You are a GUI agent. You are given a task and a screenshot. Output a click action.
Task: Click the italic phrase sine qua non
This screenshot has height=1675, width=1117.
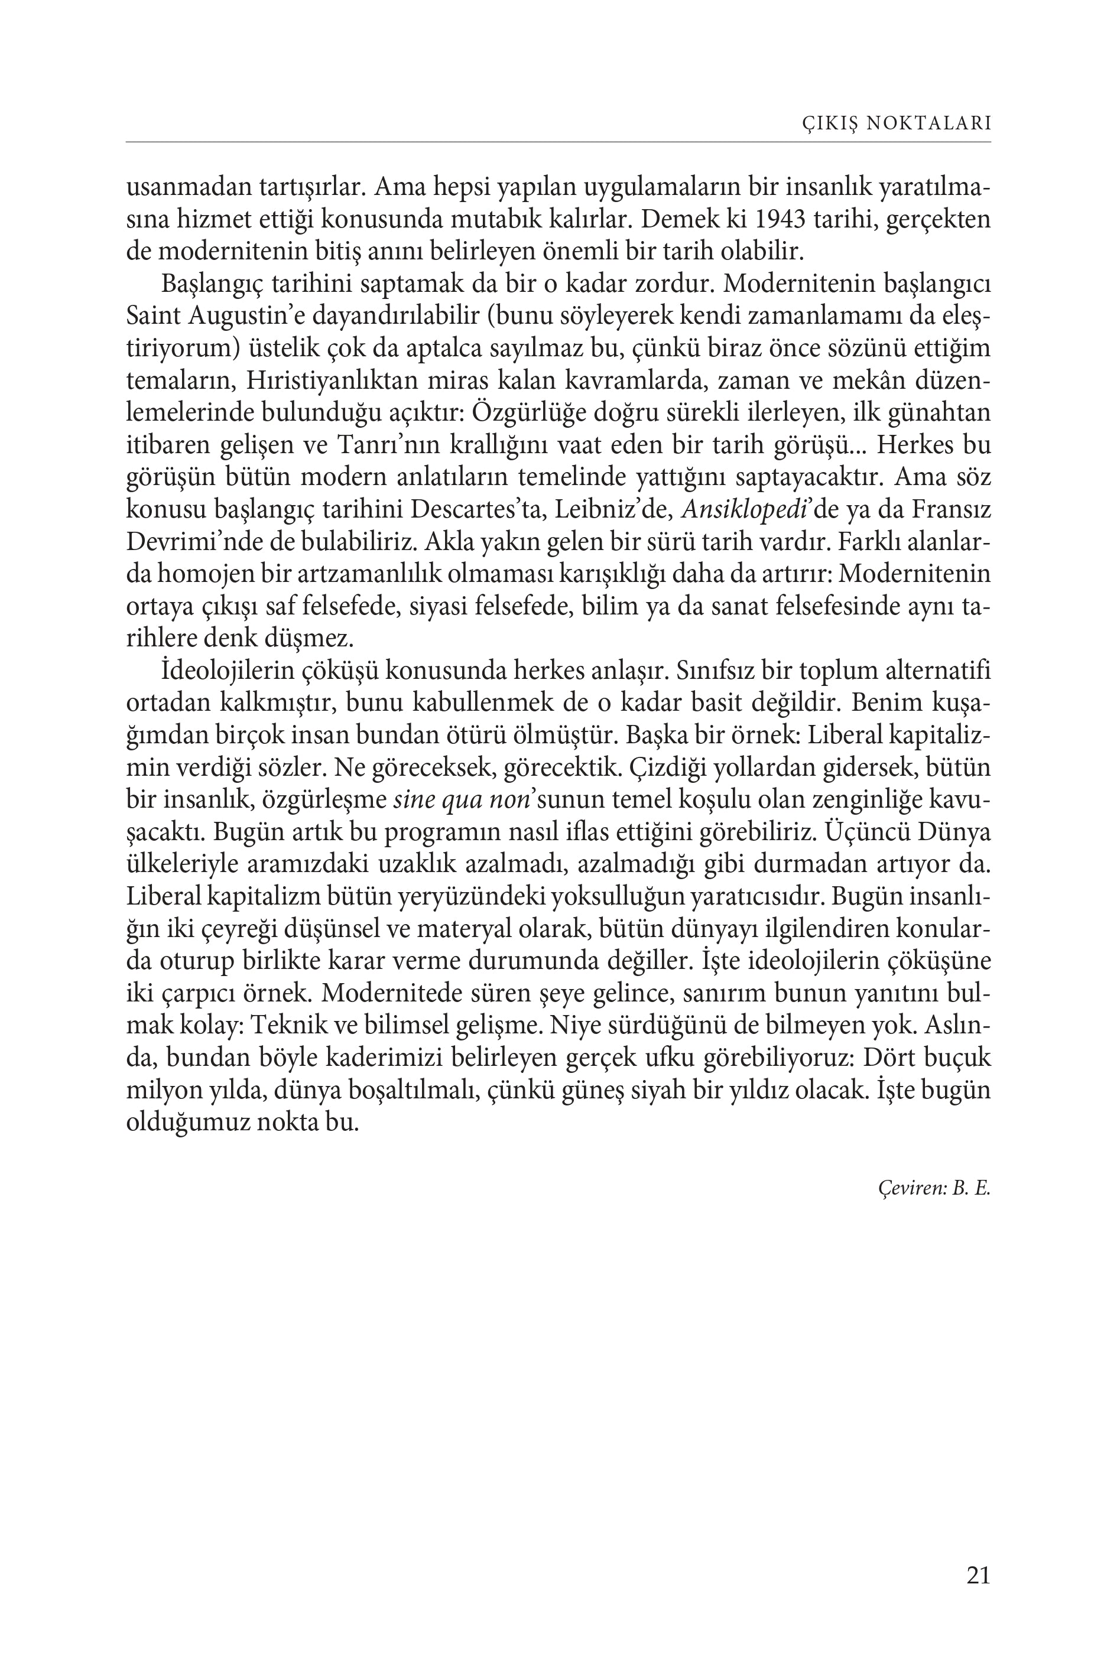[x=461, y=801]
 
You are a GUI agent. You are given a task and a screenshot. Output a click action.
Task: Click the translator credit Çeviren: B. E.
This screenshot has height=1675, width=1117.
[x=934, y=1189]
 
